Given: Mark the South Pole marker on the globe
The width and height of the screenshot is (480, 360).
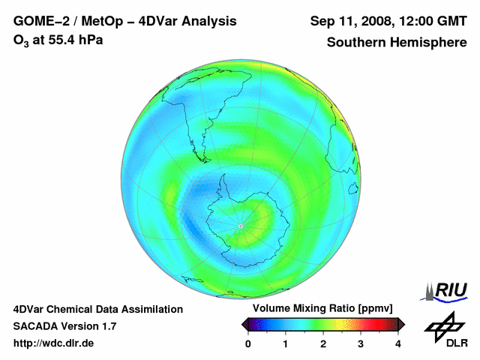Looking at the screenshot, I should click(x=240, y=226).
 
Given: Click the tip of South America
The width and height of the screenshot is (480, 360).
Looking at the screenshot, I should click(x=200, y=148).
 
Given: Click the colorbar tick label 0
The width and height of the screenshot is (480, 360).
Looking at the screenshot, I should click(x=248, y=344).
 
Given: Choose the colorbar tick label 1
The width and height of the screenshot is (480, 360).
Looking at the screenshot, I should click(x=286, y=344).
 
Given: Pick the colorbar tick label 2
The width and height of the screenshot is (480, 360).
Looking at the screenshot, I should click(x=323, y=344).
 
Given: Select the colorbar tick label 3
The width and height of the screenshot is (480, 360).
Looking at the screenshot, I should click(x=361, y=344).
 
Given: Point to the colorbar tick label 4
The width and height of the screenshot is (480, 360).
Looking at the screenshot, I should click(x=398, y=344).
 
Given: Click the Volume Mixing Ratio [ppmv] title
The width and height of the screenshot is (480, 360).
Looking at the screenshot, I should click(x=322, y=309).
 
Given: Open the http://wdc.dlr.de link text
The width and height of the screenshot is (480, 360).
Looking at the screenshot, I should click(x=54, y=343).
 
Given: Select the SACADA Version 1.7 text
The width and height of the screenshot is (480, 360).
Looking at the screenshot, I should click(x=64, y=326).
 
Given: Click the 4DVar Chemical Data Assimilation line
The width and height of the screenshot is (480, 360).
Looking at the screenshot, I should click(x=97, y=309).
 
